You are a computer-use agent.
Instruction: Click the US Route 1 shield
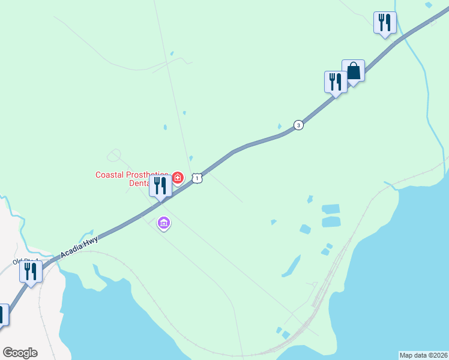(x=197, y=178)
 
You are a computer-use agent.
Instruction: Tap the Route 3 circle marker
(x=298, y=125)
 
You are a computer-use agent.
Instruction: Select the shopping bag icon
(x=354, y=71)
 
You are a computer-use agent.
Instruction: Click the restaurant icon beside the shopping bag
(x=336, y=82)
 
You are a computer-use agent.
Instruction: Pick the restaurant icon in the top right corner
(x=384, y=23)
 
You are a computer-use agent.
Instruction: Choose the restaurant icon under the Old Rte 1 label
(x=31, y=271)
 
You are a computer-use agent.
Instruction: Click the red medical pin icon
(x=178, y=178)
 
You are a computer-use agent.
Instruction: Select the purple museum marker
(x=164, y=224)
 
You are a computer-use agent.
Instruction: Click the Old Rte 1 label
(x=26, y=262)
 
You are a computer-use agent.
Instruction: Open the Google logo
(x=20, y=353)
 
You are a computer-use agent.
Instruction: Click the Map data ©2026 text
(x=423, y=355)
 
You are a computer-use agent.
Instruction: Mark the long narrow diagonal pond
(x=291, y=265)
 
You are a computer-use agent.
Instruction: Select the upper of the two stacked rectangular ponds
(x=331, y=209)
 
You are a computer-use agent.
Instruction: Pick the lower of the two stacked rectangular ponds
(x=331, y=222)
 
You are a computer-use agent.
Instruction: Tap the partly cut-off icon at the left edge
(x=2, y=315)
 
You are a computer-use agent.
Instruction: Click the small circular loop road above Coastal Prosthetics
(x=113, y=155)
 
